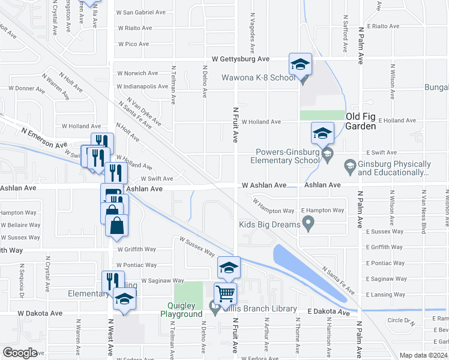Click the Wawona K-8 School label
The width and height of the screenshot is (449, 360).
(258, 77)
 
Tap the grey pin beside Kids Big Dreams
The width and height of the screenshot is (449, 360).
(309, 224)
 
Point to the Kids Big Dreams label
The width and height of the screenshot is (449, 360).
(270, 224)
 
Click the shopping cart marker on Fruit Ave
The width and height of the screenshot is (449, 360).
(224, 294)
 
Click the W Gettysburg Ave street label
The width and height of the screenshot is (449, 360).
(240, 59)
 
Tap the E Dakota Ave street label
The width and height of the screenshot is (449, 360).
(328, 312)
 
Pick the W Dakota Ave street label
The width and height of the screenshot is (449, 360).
(40, 313)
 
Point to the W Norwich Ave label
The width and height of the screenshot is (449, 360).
(137, 73)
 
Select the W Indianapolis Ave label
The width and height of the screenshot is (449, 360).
(142, 86)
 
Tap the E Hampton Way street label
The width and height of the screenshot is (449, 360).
(322, 211)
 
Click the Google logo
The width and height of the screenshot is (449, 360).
(20, 353)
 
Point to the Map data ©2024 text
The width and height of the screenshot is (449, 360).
(423, 355)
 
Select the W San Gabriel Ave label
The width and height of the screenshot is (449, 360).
(141, 12)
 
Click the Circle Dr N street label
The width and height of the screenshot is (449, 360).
(401, 320)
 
